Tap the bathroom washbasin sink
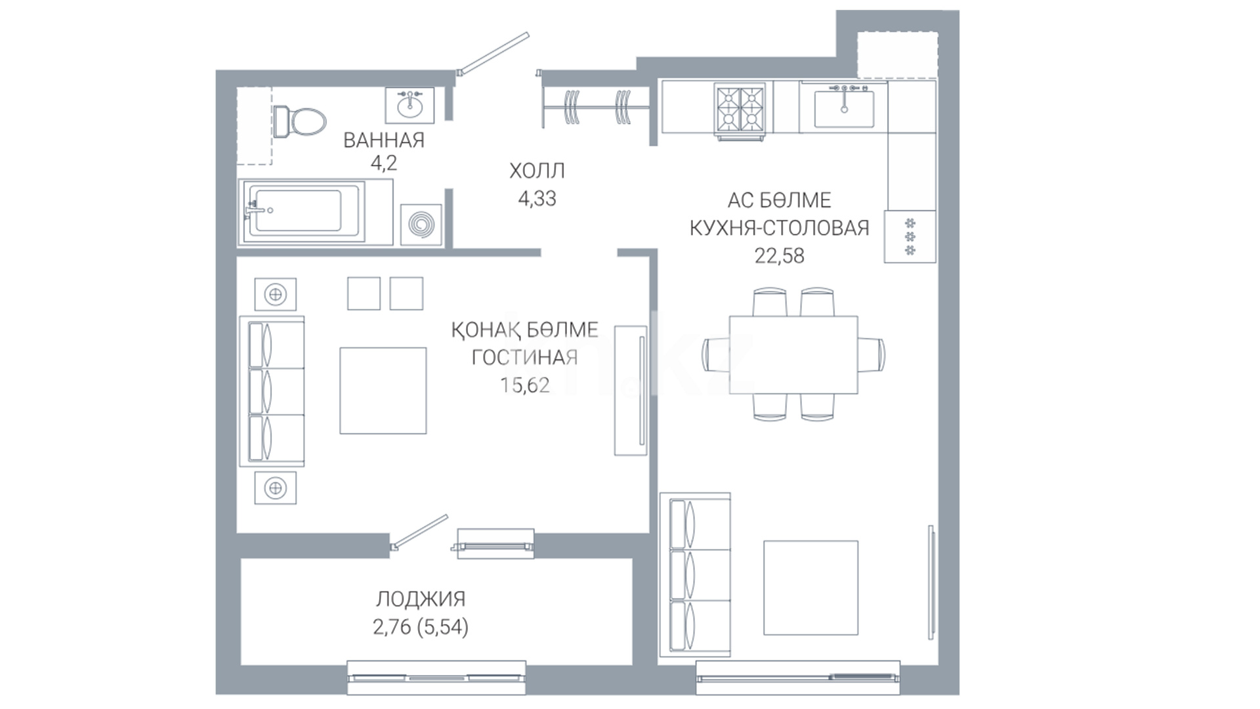click(x=409, y=105)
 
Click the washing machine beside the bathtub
click(x=421, y=225)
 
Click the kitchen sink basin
click(x=844, y=109)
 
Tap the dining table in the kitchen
click(x=793, y=354)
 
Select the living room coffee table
click(x=383, y=391)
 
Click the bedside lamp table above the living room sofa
click(x=275, y=294)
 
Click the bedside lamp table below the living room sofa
click(x=275, y=488)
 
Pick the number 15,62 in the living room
click(x=525, y=385)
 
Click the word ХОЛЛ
click(x=537, y=171)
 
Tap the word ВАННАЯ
click(x=384, y=140)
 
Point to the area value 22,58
click(x=779, y=255)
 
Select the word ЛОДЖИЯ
click(x=421, y=599)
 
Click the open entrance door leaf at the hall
click(x=493, y=53)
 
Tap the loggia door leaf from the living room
click(x=419, y=531)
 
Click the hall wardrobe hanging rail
click(x=597, y=106)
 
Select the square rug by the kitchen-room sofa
click(x=810, y=588)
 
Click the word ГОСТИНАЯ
click(x=525, y=357)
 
